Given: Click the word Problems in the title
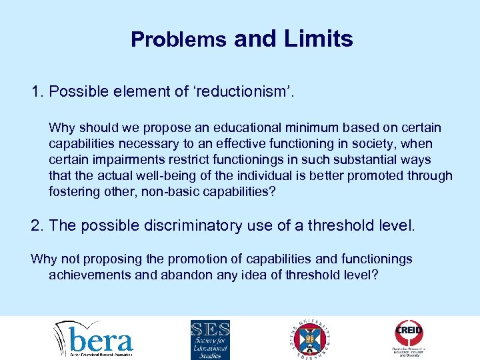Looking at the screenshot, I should (179, 39).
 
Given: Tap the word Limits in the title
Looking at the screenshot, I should (319, 39).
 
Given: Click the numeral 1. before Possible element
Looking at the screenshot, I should (37, 92).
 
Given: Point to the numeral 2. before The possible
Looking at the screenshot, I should (37, 225).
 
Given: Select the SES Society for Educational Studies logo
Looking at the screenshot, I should (210, 338).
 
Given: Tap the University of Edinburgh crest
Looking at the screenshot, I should (311, 338).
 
